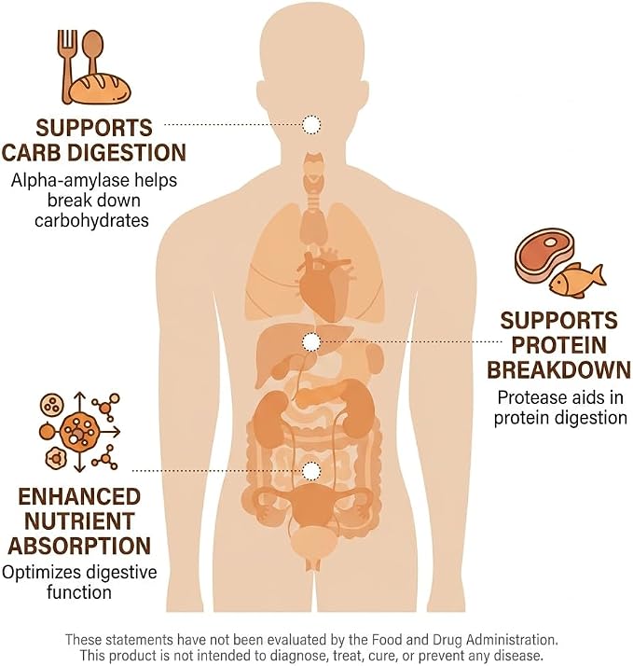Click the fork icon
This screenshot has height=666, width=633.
[66, 63]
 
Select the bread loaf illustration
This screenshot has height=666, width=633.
[100, 89]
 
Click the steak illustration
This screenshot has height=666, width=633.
[544, 254]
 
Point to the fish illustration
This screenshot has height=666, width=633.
[577, 281]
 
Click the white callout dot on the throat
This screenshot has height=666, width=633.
[311, 124]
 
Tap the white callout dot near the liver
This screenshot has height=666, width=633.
[311, 342]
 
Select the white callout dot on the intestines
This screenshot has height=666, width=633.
[311, 471]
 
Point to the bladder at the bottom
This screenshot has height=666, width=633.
[314, 545]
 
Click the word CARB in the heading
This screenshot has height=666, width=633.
[31, 153]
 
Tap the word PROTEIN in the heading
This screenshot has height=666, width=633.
[559, 345]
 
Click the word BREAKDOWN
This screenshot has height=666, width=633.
[559, 370]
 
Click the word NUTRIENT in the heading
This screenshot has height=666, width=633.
[80, 521]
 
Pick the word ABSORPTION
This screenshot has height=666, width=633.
[79, 546]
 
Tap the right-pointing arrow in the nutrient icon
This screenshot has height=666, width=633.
[111, 432]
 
